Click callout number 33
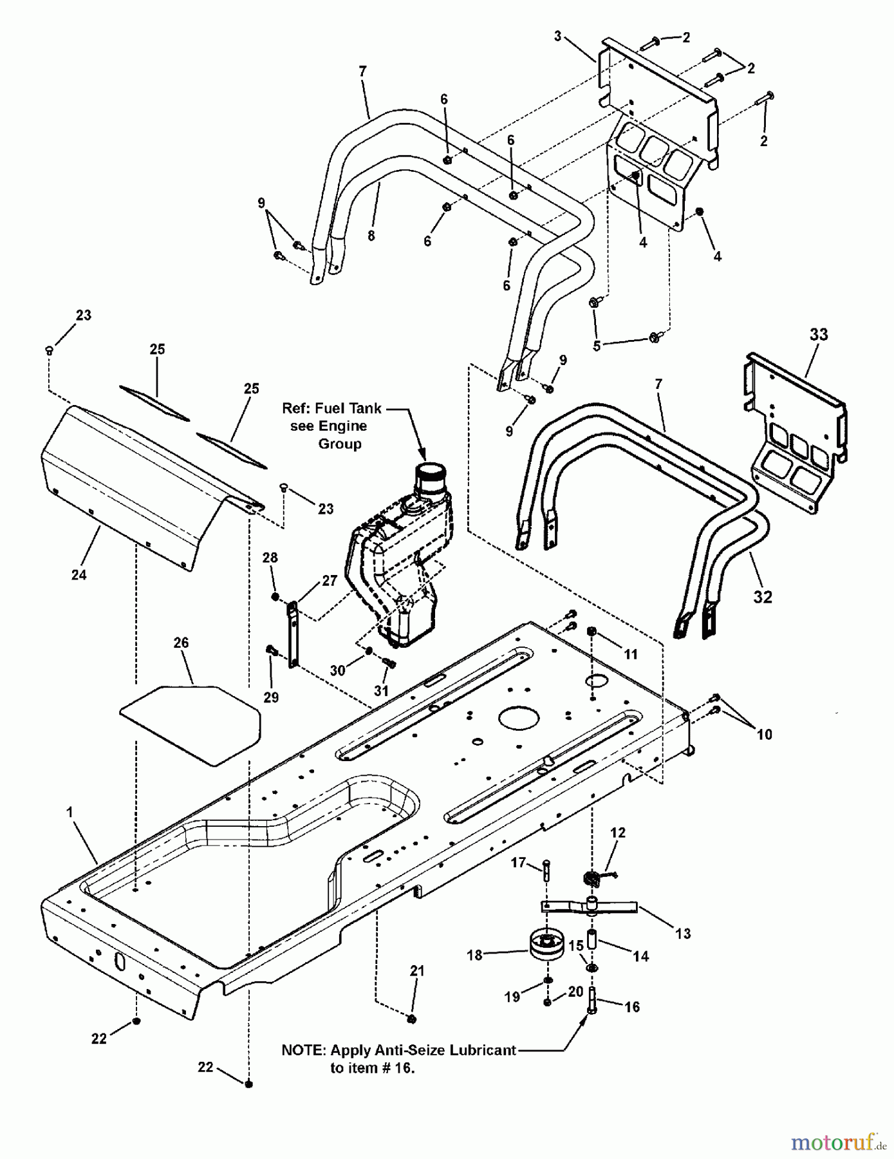819,335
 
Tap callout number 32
763,597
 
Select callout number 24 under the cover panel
79,574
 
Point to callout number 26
181,643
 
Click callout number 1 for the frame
70,813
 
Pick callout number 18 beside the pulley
474,955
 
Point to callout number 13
683,933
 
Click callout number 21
417,971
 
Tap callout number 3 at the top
558,37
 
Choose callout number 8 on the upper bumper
371,236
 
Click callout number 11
631,654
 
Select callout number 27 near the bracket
330,581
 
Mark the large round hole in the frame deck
518,717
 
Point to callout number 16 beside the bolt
633,1006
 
